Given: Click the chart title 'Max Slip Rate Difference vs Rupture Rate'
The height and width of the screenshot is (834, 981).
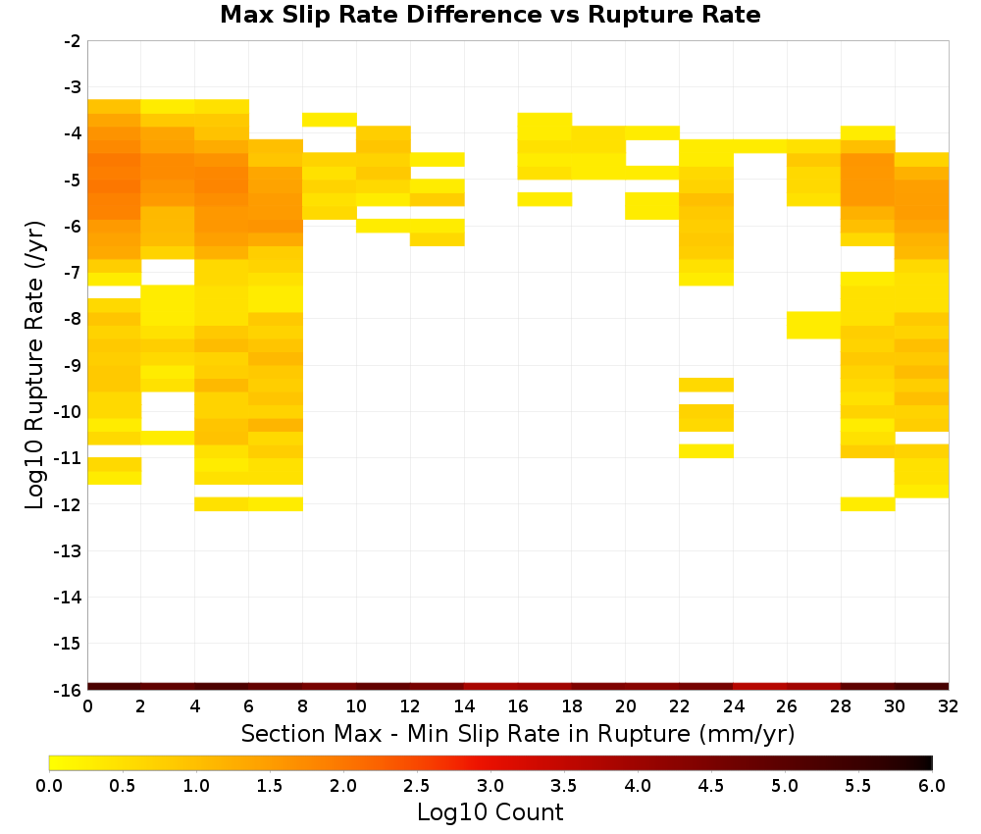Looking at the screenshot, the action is point(490,15).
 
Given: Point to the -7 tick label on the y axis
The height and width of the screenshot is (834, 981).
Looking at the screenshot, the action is point(73,273).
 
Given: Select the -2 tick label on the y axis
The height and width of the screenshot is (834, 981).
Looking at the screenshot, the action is point(73,41).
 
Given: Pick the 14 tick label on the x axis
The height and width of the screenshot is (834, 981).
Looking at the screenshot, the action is point(464,706).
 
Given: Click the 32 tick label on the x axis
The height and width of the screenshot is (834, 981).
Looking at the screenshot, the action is point(949,706).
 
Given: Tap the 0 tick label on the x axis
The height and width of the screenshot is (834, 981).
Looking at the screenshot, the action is point(87,706).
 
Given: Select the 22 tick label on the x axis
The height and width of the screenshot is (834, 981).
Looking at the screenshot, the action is point(680,706).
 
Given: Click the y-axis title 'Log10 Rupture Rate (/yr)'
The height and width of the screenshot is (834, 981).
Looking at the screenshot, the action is point(34,365).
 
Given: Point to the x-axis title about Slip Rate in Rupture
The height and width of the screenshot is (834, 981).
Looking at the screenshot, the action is point(518,733).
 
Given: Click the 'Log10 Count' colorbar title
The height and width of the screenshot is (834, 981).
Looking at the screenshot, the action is point(490,812).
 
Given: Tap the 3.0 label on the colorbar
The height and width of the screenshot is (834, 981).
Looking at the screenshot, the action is point(490,785).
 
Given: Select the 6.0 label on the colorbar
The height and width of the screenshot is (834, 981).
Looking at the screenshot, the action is point(932,785).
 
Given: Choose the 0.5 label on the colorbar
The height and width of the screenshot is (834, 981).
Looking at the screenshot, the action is point(122,785).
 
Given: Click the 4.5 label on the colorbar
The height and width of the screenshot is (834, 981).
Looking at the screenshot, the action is point(711,785).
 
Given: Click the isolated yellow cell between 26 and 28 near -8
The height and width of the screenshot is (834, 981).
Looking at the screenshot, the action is point(813,326).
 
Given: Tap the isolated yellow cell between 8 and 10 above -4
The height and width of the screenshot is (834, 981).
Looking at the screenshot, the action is point(330,120).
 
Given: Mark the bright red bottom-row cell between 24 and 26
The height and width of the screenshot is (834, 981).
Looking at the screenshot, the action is point(760,687).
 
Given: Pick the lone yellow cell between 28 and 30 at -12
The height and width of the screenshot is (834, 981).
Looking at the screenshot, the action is point(868,503).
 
